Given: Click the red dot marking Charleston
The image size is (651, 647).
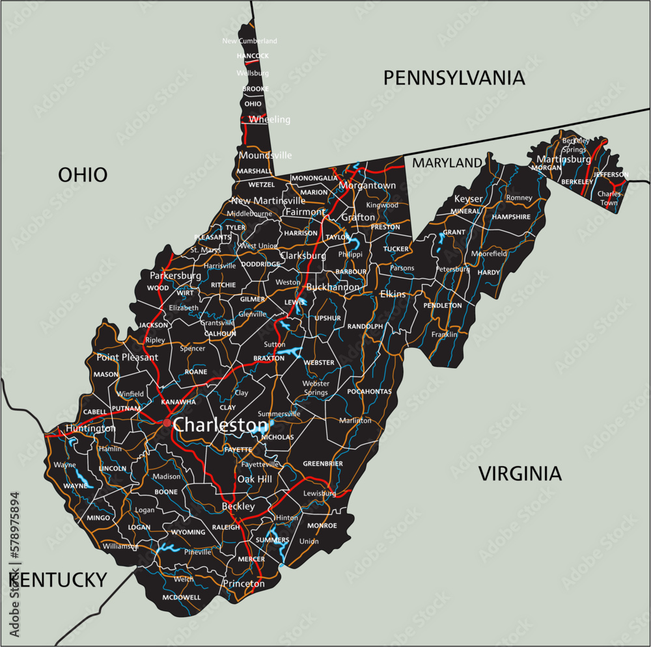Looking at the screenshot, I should coord(167,423).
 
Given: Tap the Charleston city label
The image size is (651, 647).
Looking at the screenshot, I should coord(221,425).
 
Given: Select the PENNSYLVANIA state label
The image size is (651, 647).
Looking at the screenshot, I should coord(454,78).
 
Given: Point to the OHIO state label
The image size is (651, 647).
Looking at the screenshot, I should coord(83,174).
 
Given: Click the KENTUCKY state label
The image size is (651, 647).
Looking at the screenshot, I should coord(58,579).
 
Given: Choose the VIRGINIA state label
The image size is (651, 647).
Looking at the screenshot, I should coord(519,473).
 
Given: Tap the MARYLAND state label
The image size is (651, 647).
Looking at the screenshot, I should coord(447,163).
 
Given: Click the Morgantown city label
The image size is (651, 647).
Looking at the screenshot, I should coord(367,185).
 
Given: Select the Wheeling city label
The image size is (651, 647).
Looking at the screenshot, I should coord(270,120).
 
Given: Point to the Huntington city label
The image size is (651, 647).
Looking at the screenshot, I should coord(90,429).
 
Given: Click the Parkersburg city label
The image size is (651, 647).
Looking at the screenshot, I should coord(175,276).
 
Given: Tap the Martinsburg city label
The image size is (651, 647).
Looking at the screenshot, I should coord(563,159).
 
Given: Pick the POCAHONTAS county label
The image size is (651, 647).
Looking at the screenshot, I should coord(369,391).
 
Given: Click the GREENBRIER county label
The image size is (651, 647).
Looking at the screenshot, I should coord(323,464).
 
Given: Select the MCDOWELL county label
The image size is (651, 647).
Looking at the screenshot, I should coord(182,597).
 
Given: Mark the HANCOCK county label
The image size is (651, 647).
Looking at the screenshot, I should coord(253,56).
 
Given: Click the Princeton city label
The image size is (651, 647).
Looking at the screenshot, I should coord(243,583).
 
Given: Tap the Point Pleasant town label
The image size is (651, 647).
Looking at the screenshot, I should coord(127,357).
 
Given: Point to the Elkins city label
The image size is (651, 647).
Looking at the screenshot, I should coord(393,294).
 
